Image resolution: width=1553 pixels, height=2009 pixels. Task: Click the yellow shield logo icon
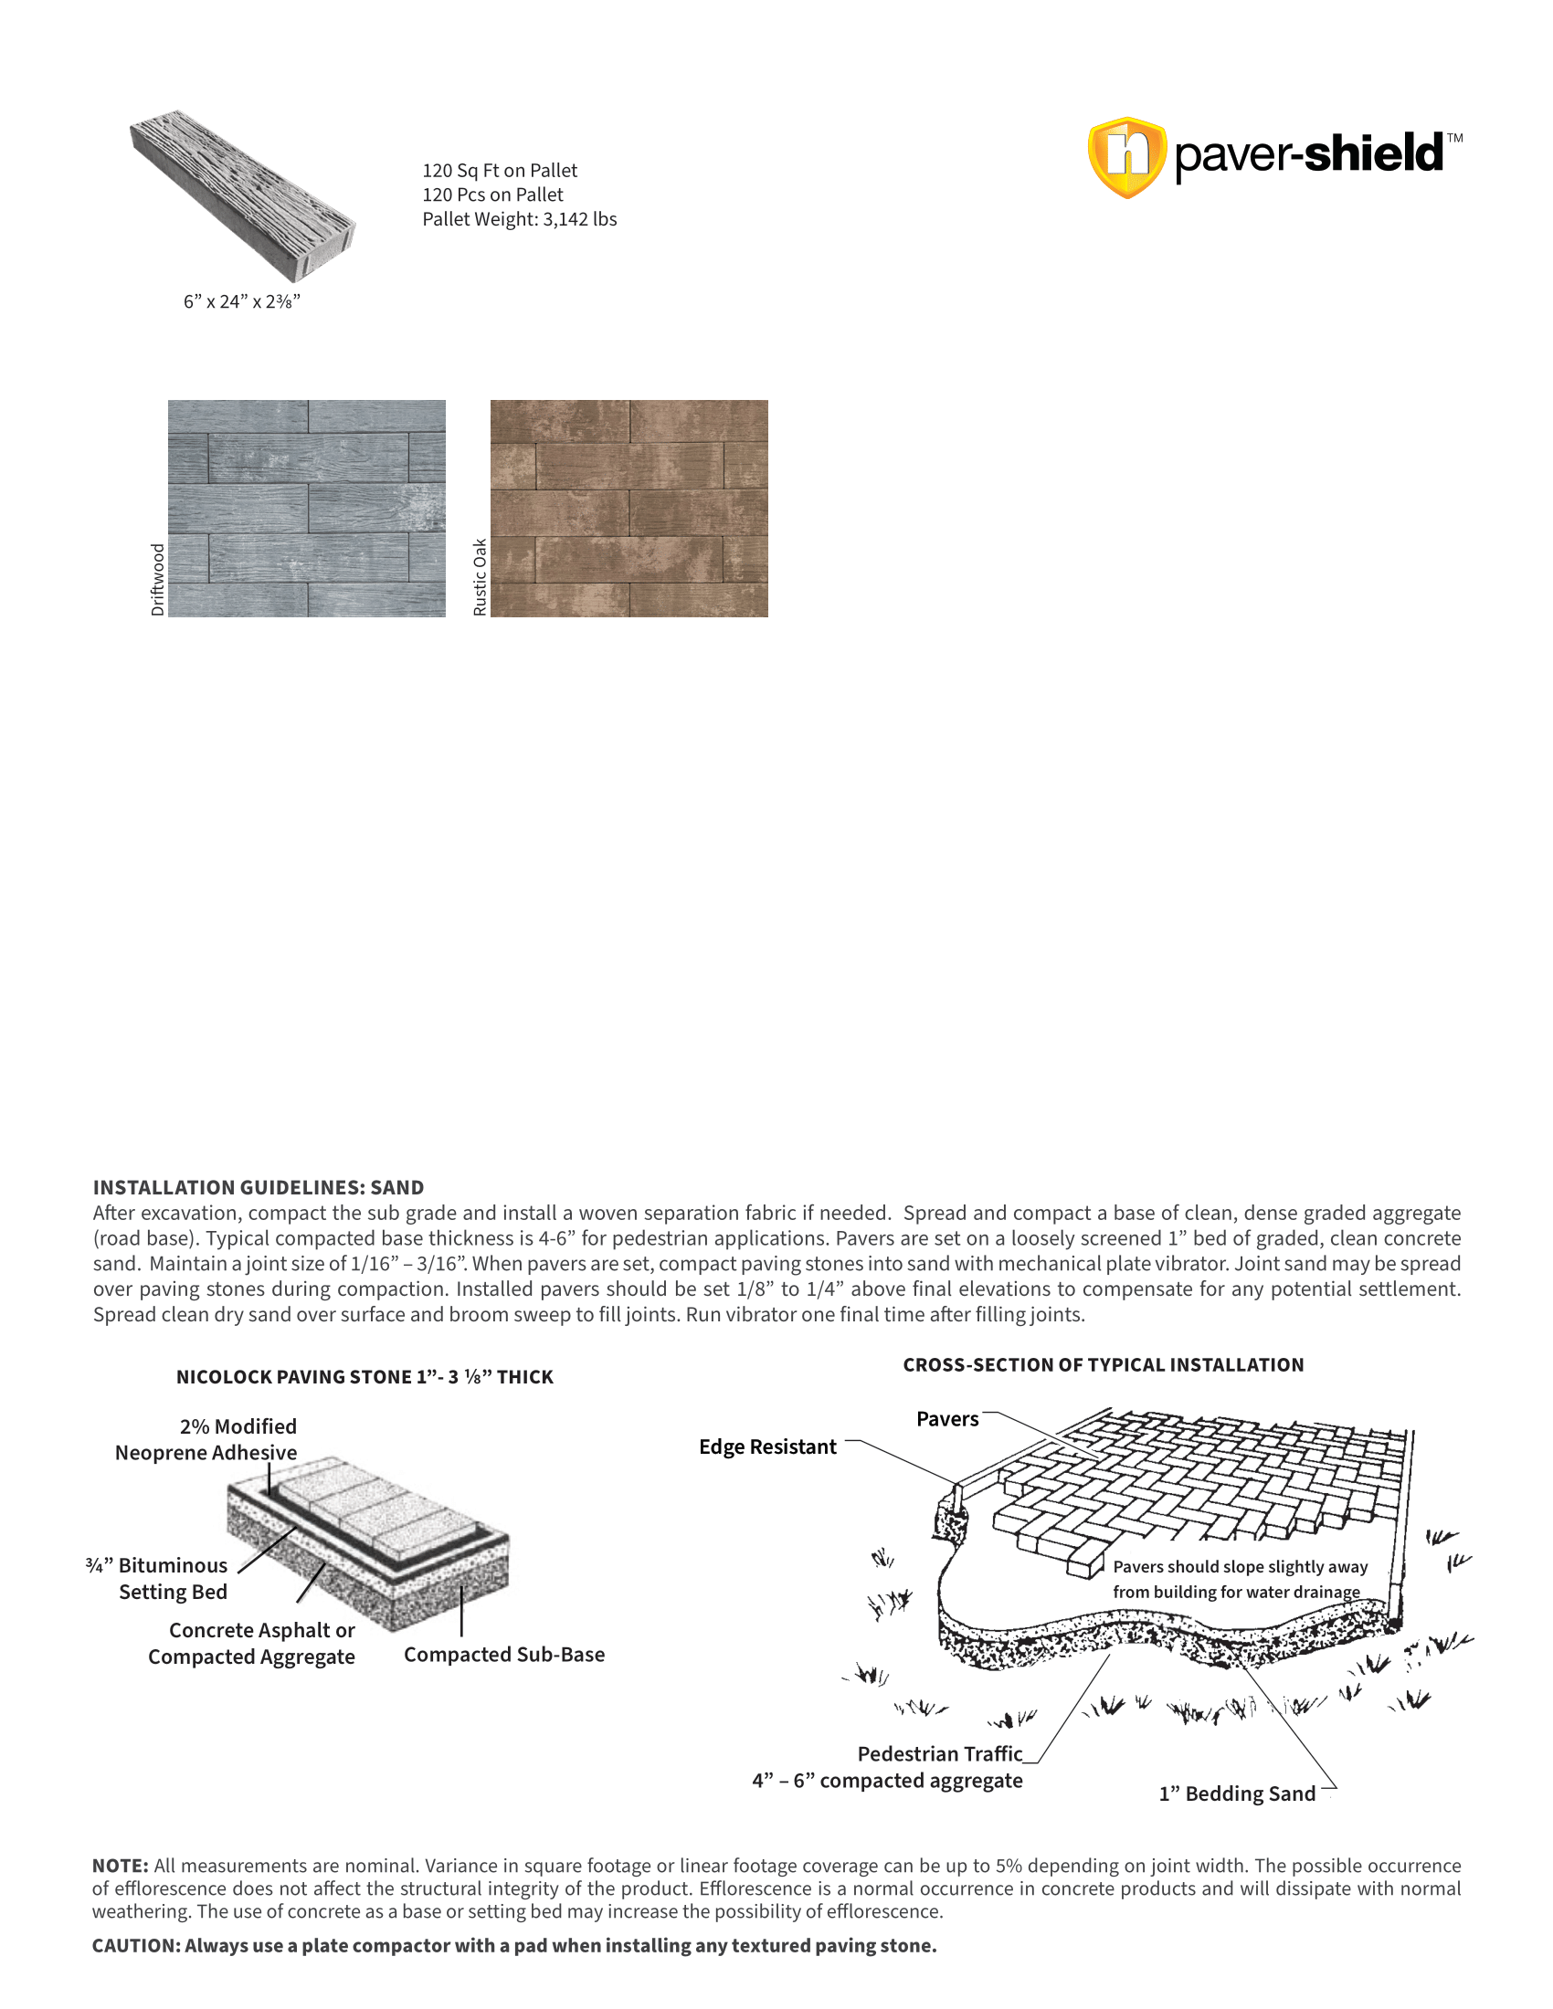[x=1126, y=157]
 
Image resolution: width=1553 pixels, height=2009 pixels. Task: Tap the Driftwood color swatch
[x=306, y=508]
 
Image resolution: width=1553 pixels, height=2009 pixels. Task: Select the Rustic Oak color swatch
[x=629, y=508]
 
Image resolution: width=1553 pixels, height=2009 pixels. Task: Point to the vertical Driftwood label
[x=157, y=580]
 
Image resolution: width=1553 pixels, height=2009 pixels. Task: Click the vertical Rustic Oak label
[x=480, y=577]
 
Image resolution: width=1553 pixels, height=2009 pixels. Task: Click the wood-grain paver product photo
[x=242, y=196]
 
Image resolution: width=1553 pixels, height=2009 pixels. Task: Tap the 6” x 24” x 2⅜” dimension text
[x=242, y=301]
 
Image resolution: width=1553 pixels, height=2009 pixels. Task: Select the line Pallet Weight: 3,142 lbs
[x=519, y=219]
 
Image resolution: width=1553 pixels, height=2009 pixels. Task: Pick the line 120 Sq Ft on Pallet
[x=500, y=170]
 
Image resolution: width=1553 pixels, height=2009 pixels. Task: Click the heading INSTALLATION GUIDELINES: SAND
[x=259, y=1187]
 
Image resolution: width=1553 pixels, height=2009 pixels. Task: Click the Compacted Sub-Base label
[x=504, y=1655]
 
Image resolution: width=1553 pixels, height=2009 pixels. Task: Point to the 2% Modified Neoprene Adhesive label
[x=206, y=1439]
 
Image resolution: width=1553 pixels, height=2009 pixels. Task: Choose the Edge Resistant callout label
[x=767, y=1447]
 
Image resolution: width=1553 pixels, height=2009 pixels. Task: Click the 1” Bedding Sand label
[x=1237, y=1793]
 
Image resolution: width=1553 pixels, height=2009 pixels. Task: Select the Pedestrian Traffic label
[x=939, y=1754]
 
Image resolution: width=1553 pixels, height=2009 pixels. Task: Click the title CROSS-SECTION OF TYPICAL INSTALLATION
[x=1104, y=1365]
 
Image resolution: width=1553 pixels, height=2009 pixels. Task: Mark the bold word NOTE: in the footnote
[x=120, y=1866]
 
